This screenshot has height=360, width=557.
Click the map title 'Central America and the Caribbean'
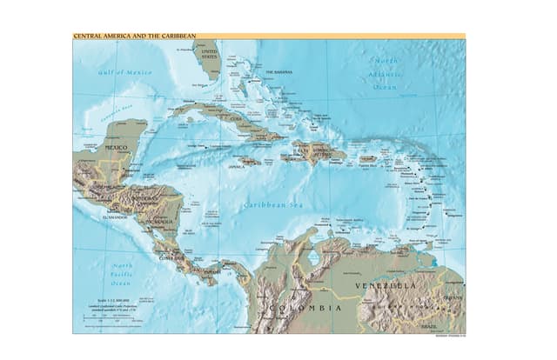coord(134,37)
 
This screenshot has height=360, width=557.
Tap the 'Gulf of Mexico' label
coord(124,72)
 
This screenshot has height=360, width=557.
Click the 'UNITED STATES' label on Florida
coord(210,55)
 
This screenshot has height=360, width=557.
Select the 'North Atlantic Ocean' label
coord(385,73)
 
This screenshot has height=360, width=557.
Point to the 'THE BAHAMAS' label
coord(279,72)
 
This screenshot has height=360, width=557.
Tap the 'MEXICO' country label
coord(116,148)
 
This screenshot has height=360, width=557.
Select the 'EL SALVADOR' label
coord(115,217)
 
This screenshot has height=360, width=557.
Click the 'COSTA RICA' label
coord(171,257)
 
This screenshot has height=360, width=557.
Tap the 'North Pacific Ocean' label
coord(121,274)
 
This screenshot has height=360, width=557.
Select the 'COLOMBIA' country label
coord(304,309)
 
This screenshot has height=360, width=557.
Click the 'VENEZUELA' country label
coord(386,285)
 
